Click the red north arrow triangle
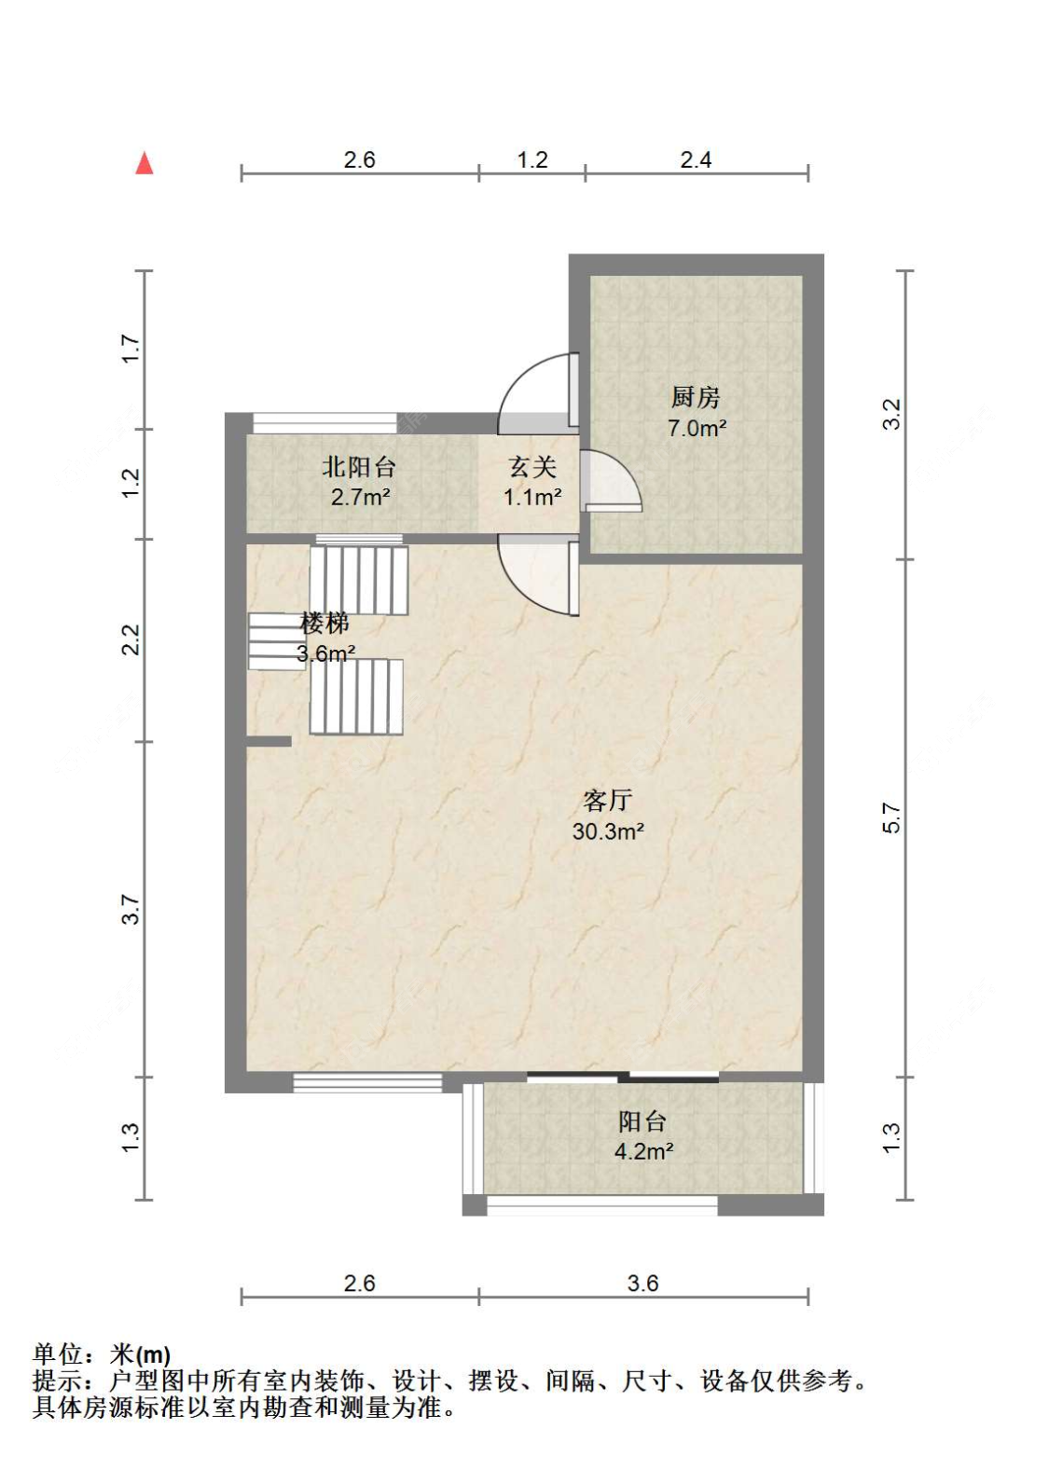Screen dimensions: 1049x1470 coord(144,163)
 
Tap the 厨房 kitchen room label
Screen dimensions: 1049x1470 coord(696,397)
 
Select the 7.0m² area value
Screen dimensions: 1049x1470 coord(697,429)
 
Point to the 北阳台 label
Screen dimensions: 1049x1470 coord(358,467)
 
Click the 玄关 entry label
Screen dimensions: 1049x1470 coord(532,467)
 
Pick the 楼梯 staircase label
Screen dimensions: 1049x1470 coord(324,623)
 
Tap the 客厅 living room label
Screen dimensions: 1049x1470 coord(607,800)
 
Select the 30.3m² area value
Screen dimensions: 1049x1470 coord(608,831)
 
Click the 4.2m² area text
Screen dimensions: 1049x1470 coord(644,1151)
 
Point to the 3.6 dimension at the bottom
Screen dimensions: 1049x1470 coord(642,1283)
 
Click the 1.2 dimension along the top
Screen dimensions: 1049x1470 coord(531,159)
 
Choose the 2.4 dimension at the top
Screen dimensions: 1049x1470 coord(696,159)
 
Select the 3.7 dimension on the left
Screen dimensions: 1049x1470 coord(131,909)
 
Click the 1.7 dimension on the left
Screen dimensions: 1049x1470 coord(131,350)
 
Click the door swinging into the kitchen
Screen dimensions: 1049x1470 coord(609,480)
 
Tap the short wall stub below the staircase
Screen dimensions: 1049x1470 coord(269,742)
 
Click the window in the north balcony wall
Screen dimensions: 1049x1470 coord(324,422)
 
